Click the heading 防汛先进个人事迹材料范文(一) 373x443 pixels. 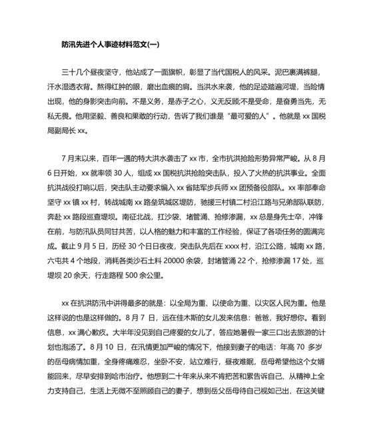pos(109,45)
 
